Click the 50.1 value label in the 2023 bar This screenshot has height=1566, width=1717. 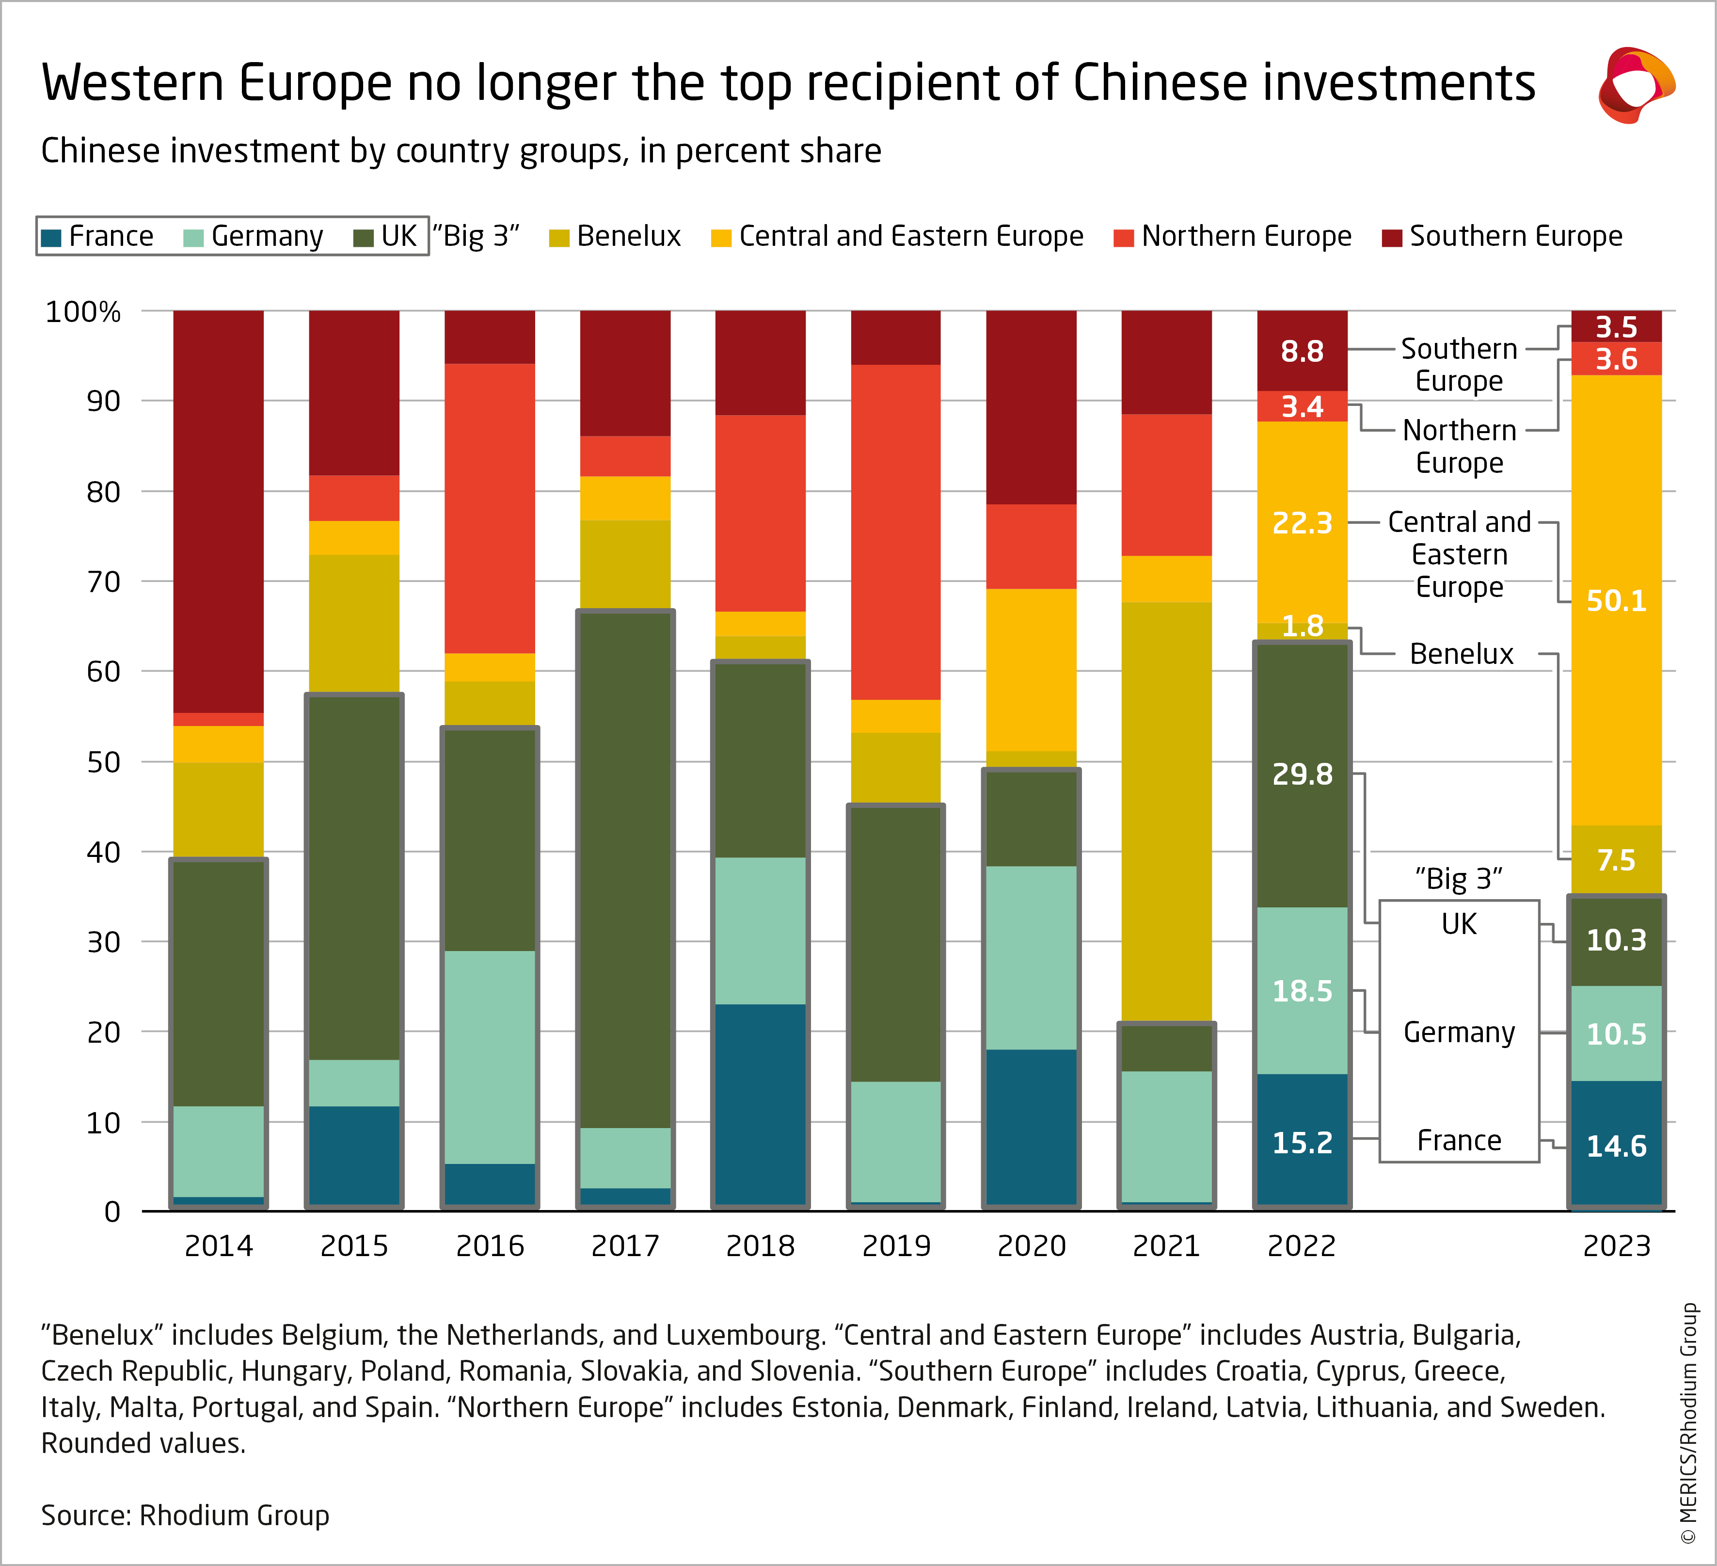[1616, 601]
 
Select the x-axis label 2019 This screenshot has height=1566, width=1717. [896, 1245]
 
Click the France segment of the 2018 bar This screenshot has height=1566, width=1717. [760, 1105]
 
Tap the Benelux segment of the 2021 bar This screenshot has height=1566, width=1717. [1166, 809]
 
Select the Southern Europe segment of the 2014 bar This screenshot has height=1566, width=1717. [218, 511]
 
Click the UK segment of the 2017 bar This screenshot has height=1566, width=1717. [625, 869]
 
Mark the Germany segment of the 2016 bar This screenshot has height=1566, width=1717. [490, 1056]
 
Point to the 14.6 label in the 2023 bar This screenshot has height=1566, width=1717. [1616, 1146]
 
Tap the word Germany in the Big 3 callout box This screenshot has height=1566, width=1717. [1459, 1033]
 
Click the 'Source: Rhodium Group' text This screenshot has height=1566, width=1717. [185, 1516]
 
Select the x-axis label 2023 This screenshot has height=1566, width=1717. [1616, 1245]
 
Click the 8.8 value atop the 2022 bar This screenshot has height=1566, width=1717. [1302, 351]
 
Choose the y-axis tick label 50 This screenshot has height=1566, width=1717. [103, 762]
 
